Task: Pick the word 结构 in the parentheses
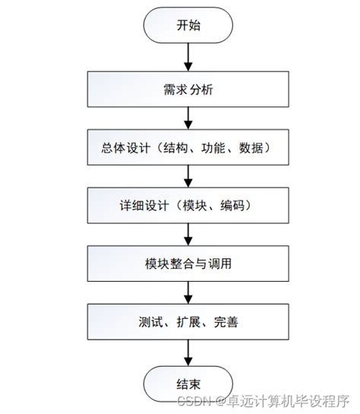coord(169,148)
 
